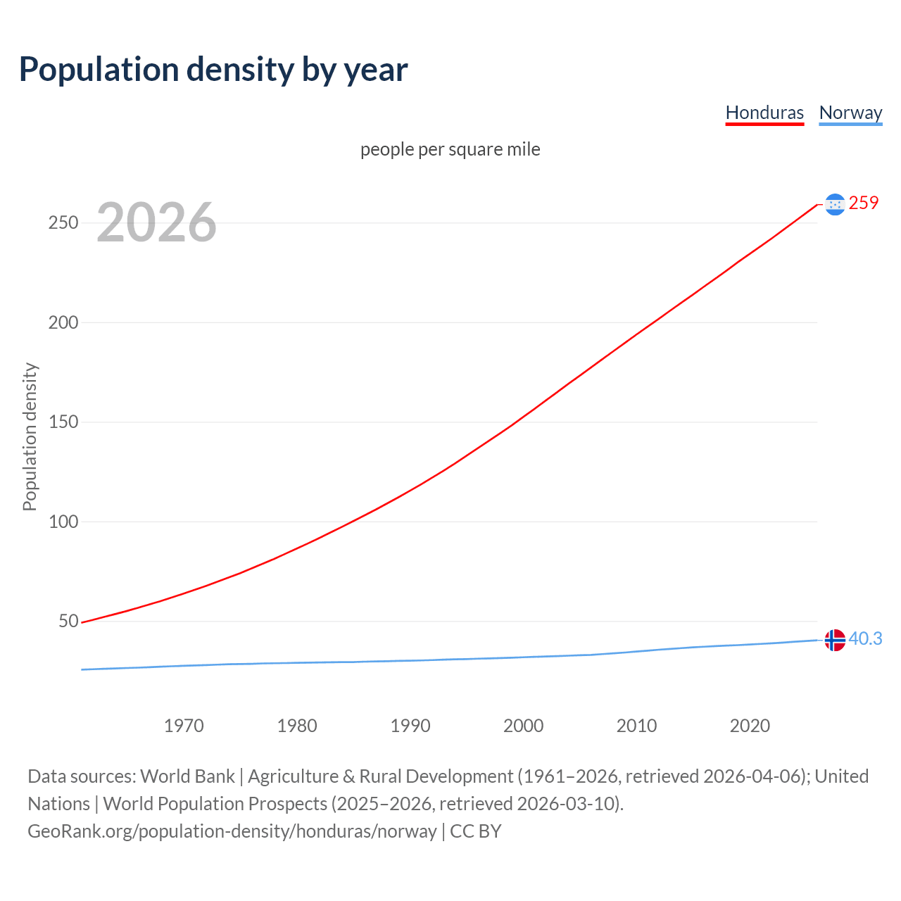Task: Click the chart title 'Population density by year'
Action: pyautogui.click(x=213, y=70)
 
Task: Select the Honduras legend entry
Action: pyautogui.click(x=764, y=113)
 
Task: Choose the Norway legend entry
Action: pyautogui.click(x=850, y=113)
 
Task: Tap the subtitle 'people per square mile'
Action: pyautogui.click(x=450, y=150)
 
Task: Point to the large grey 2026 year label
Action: pyautogui.click(x=156, y=222)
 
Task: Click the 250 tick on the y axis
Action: pyautogui.click(x=63, y=223)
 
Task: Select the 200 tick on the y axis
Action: pyautogui.click(x=63, y=323)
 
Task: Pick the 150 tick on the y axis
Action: pyautogui.click(x=63, y=422)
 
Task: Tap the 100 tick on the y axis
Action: pyautogui.click(x=63, y=522)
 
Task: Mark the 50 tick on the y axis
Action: pyautogui.click(x=68, y=622)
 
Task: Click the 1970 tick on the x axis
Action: pyautogui.click(x=184, y=726)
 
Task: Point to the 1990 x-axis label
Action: pyautogui.click(x=410, y=726)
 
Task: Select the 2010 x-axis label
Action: pyautogui.click(x=636, y=726)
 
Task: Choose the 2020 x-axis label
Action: pyautogui.click(x=750, y=726)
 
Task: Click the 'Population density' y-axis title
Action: pyautogui.click(x=30, y=436)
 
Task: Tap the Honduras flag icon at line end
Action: pyautogui.click(x=835, y=204)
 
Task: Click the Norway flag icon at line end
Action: pyautogui.click(x=835, y=640)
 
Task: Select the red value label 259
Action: pyautogui.click(x=864, y=203)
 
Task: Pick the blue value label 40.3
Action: pyautogui.click(x=865, y=639)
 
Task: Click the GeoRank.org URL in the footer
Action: pyautogui.click(x=232, y=831)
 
